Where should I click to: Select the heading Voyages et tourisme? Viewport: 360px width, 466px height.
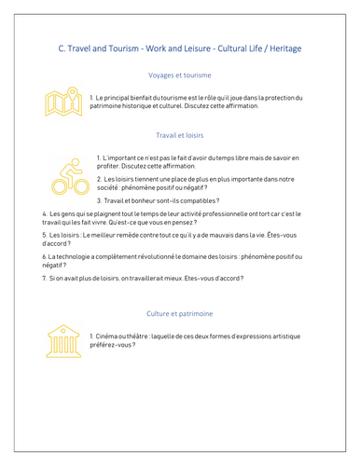coord(180,75)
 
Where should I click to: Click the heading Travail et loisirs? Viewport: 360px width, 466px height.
coord(180,135)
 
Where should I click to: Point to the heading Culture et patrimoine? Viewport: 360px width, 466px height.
coord(180,313)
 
